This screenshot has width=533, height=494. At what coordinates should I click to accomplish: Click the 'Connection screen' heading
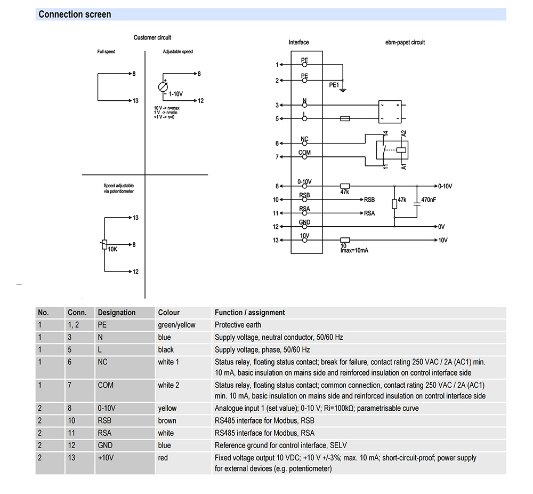(x=75, y=14)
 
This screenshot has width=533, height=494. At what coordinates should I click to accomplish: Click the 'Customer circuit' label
(x=152, y=37)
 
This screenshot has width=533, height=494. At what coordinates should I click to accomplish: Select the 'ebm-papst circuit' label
(x=405, y=42)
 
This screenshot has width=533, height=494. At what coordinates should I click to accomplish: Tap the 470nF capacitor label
(x=429, y=200)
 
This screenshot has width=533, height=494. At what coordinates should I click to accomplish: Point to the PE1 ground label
(x=334, y=85)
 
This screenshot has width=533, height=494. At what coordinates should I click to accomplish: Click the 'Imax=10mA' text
(x=354, y=250)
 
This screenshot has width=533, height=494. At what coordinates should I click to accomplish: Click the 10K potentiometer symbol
(x=104, y=244)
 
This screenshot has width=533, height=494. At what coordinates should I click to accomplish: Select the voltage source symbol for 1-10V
(x=163, y=87)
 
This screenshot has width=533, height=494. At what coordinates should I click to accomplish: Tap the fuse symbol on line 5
(x=345, y=118)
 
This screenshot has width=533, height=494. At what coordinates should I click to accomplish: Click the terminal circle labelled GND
(x=304, y=227)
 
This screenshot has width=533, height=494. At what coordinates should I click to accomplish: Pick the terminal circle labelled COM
(x=304, y=157)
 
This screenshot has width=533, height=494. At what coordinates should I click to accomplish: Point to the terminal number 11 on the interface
(x=276, y=213)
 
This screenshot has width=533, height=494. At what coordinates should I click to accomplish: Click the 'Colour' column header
(x=168, y=312)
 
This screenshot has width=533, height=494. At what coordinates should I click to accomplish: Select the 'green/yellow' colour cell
(x=176, y=325)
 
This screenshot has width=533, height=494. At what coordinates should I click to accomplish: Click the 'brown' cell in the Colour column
(x=167, y=420)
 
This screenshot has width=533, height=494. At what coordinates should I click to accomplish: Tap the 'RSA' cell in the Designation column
(x=104, y=433)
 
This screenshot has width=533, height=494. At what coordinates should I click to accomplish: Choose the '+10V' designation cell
(x=106, y=458)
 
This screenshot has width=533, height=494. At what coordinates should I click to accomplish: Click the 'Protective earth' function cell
(x=238, y=325)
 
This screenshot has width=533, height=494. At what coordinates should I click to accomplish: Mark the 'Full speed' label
(x=106, y=52)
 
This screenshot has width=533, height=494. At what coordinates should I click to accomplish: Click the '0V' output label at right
(x=441, y=227)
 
